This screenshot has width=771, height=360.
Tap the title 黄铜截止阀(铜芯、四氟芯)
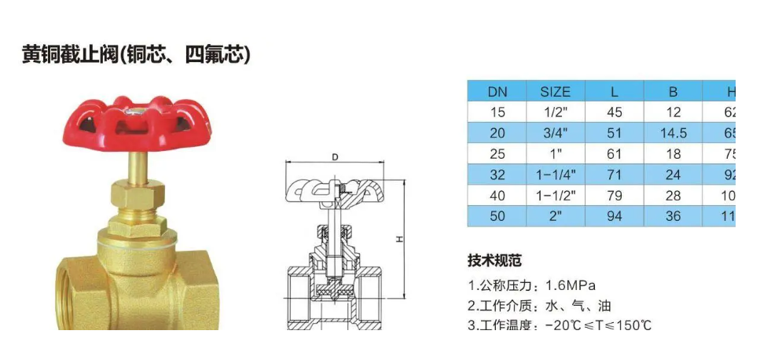pos(136,55)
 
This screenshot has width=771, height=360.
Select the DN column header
pos(497,92)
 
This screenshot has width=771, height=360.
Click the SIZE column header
pos(556,92)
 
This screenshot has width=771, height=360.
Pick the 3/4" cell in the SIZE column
pos(556,133)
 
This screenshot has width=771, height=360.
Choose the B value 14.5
pos(673,133)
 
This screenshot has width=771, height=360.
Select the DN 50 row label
pos(497,215)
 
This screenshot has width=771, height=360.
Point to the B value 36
pos(673,215)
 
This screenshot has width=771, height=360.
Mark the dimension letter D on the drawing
pos(335,157)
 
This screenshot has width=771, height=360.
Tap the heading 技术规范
pos(494,261)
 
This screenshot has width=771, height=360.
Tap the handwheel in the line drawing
pos(335,189)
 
